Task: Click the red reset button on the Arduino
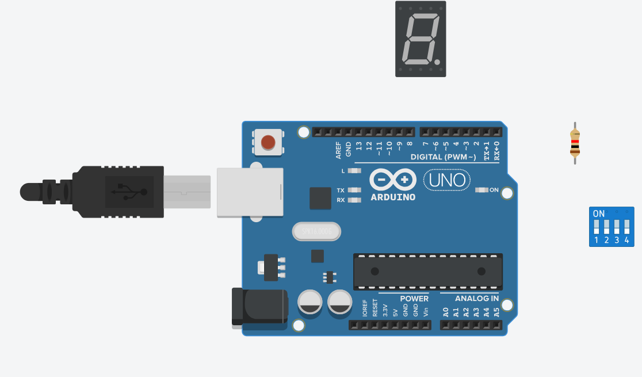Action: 267,142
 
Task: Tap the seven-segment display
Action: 420,39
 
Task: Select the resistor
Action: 575,143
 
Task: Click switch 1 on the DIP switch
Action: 597,227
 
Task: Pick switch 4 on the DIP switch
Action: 626,227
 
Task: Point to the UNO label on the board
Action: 447,180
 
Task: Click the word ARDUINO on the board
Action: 393,197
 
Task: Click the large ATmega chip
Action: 428,272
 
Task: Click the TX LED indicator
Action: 354,190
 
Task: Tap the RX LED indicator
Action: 354,200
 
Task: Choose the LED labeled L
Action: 354,171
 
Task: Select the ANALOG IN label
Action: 477,299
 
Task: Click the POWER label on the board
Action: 414,299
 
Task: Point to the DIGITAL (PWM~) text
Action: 443,157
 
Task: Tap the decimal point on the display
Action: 437,62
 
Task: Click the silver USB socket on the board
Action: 250,192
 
